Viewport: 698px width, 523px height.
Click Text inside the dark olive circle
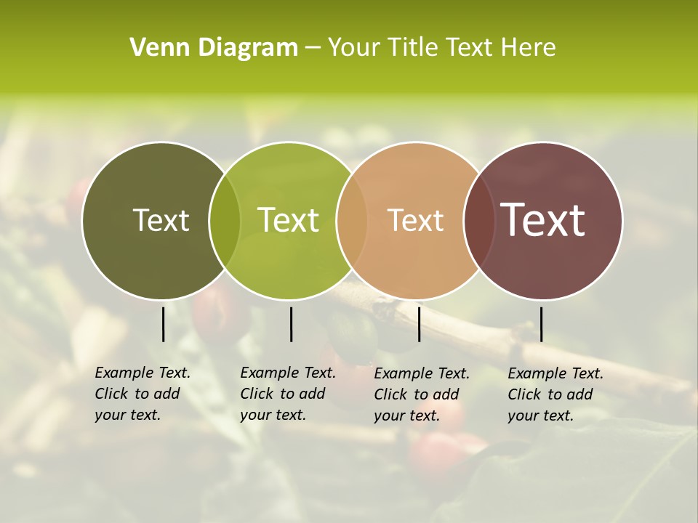tap(161, 220)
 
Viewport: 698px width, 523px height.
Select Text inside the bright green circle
tap(288, 220)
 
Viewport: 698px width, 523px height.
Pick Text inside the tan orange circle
tap(415, 220)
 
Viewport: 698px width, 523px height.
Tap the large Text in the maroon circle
tap(543, 220)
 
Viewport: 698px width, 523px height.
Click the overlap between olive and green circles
tap(225, 221)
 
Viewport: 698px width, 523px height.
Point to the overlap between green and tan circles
tap(352, 221)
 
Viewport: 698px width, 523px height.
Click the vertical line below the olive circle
tap(163, 324)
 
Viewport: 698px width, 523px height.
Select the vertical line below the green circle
tap(291, 324)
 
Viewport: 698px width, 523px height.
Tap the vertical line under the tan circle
tap(419, 324)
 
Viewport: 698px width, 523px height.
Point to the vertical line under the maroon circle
tap(541, 324)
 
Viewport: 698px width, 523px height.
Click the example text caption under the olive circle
tap(143, 394)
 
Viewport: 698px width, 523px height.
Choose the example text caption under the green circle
tap(288, 394)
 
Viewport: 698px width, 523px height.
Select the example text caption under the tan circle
tap(422, 394)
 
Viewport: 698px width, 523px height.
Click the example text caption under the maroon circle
tap(555, 394)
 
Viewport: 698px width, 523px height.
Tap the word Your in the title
tap(353, 48)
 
